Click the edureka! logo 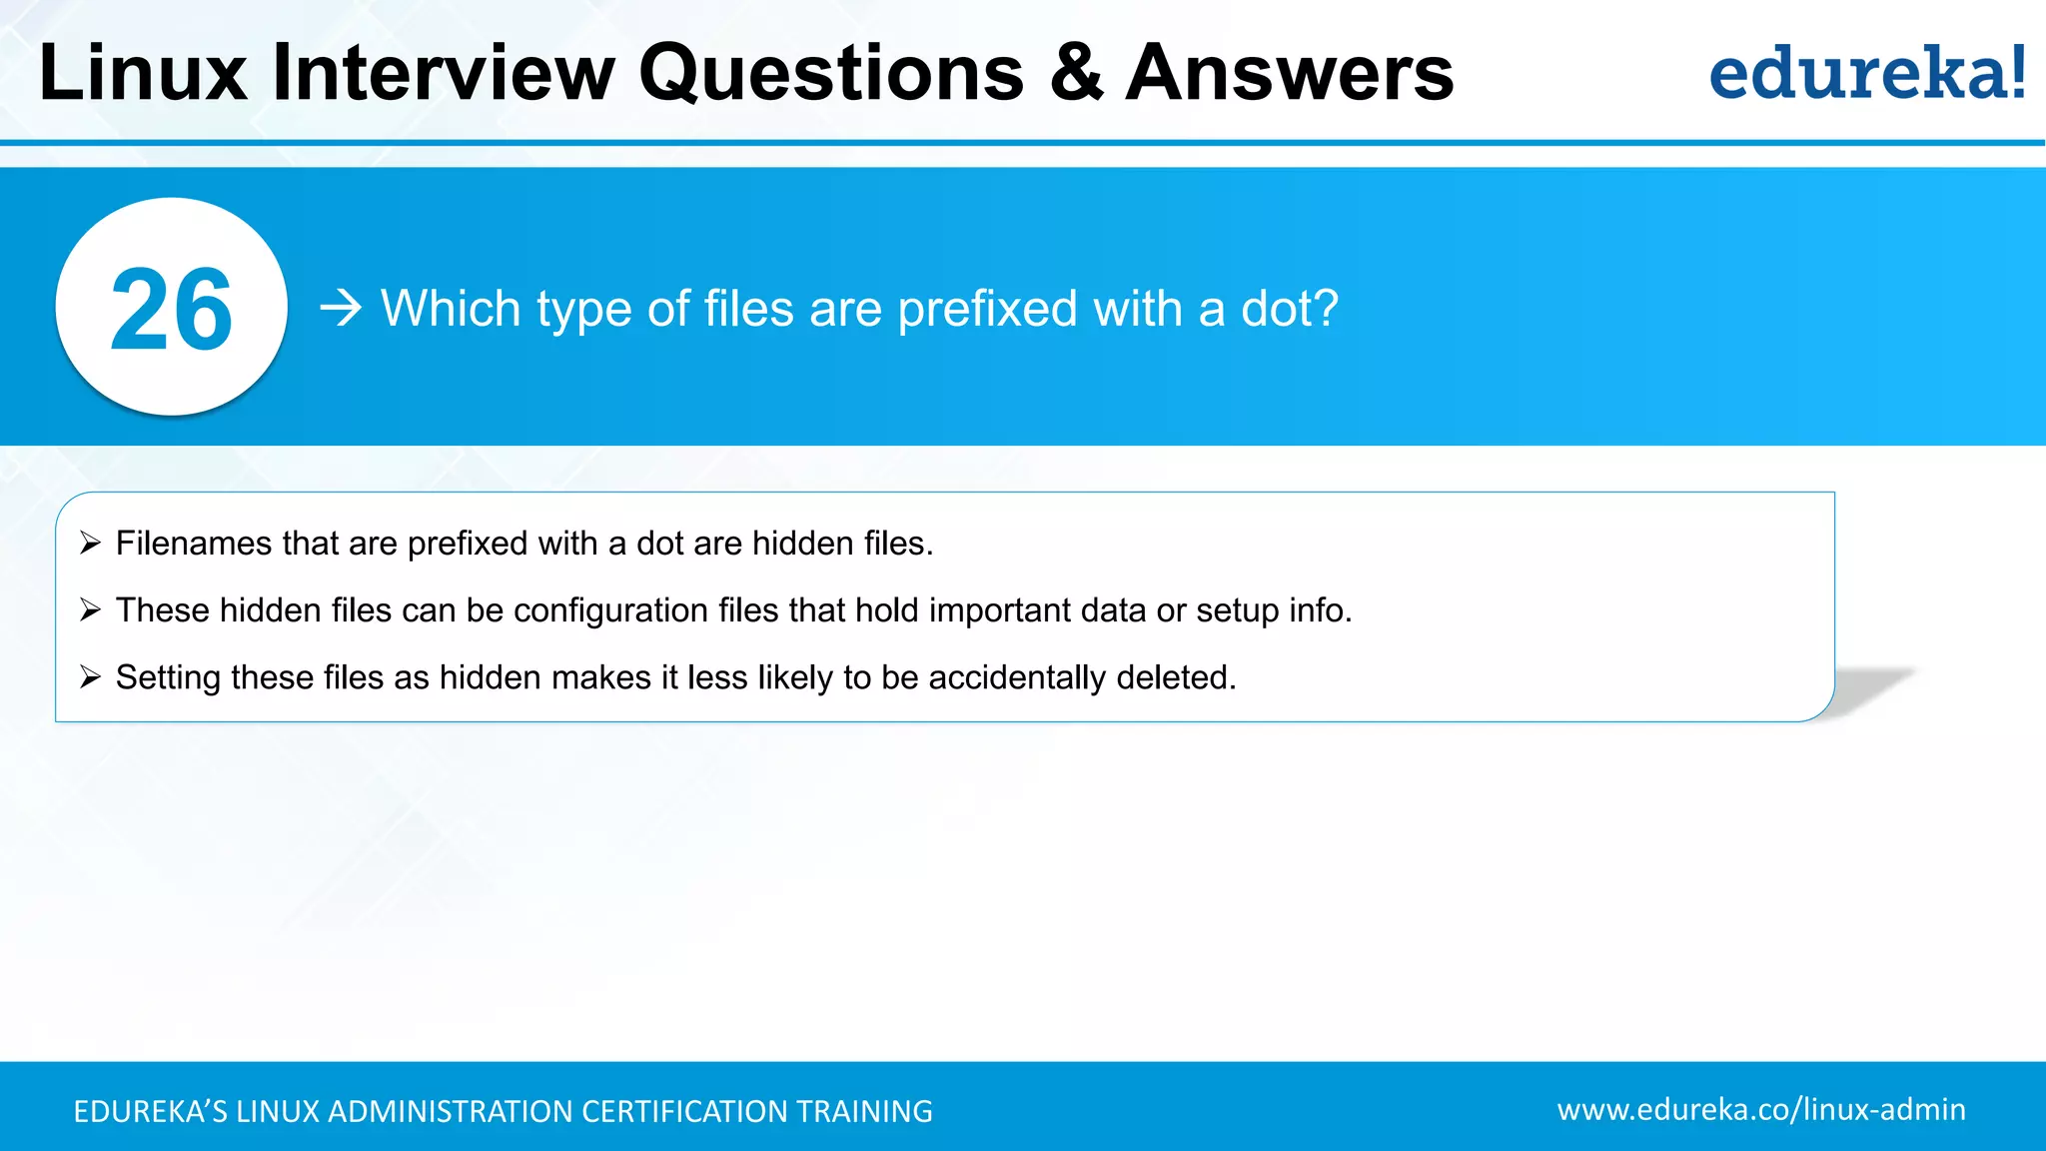[1866, 73]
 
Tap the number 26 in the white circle [171, 310]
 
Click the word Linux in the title [143, 73]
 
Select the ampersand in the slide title [1077, 73]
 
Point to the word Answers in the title [1290, 73]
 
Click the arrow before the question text [341, 309]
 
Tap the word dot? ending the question [1289, 309]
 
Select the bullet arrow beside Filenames [91, 544]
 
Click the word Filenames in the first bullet [194, 544]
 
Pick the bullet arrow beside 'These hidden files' [91, 610]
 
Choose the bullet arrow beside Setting [91, 677]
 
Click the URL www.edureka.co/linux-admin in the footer [1760, 1110]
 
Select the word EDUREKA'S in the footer [151, 1112]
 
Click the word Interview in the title [444, 73]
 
